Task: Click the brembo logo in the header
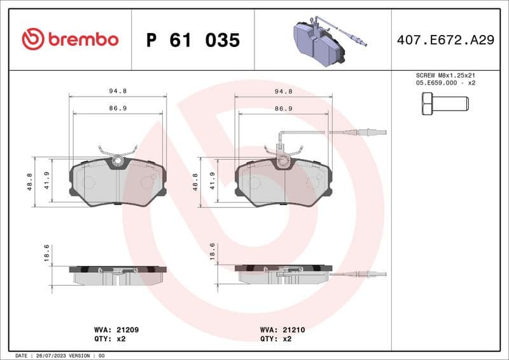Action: pos(70,39)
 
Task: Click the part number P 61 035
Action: pos(193,40)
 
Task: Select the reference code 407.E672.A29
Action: pos(445,40)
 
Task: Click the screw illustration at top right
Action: pos(445,102)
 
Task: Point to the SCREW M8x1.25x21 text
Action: pos(445,75)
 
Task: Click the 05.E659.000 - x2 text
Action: pos(445,83)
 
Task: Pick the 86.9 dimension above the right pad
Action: pos(284,109)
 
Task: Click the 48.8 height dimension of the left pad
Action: pos(30,181)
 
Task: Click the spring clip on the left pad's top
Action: pos(117,153)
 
